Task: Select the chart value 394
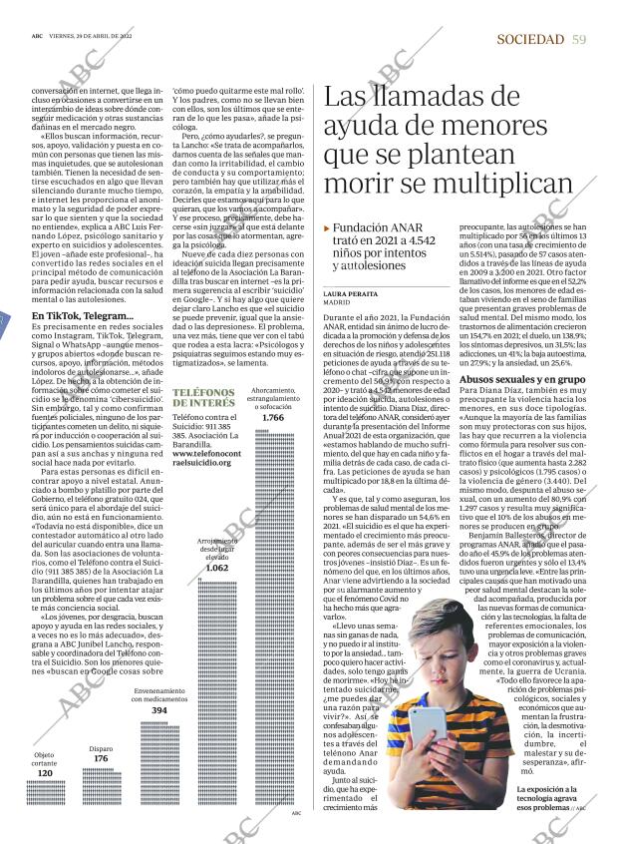tap(159, 710)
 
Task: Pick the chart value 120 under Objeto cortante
tap(44, 773)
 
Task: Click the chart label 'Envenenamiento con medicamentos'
tap(159, 694)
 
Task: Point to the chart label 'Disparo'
tap(101, 747)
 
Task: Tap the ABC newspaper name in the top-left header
tap(37, 33)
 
